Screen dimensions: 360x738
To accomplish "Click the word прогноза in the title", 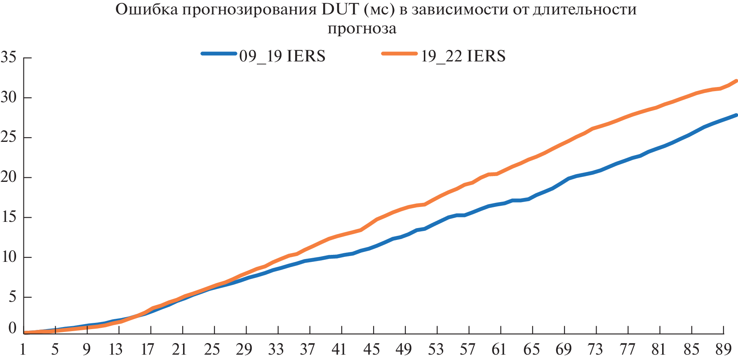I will (x=362, y=28).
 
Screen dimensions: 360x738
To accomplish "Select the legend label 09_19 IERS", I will (x=282, y=56).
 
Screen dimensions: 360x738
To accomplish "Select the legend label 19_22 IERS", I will (x=463, y=56).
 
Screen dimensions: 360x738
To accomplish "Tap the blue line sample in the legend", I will (x=219, y=54).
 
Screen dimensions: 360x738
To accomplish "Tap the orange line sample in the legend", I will (x=399, y=54).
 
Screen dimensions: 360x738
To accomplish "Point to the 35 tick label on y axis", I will (x=9, y=57).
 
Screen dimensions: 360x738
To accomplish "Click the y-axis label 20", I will (x=9, y=177).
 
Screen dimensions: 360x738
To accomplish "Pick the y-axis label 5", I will (x=13, y=297).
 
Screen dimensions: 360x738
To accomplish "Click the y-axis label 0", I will (x=13, y=328).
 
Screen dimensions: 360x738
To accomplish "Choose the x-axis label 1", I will (x=23, y=350).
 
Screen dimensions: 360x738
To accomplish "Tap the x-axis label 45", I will (x=371, y=350).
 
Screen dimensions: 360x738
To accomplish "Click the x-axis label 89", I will (x=723, y=350).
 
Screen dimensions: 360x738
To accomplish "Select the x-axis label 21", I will (x=179, y=350).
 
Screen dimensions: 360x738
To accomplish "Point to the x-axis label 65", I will (x=531, y=350).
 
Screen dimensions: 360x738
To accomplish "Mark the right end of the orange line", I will (x=736, y=81).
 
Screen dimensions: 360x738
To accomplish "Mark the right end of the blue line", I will (x=736, y=115).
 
